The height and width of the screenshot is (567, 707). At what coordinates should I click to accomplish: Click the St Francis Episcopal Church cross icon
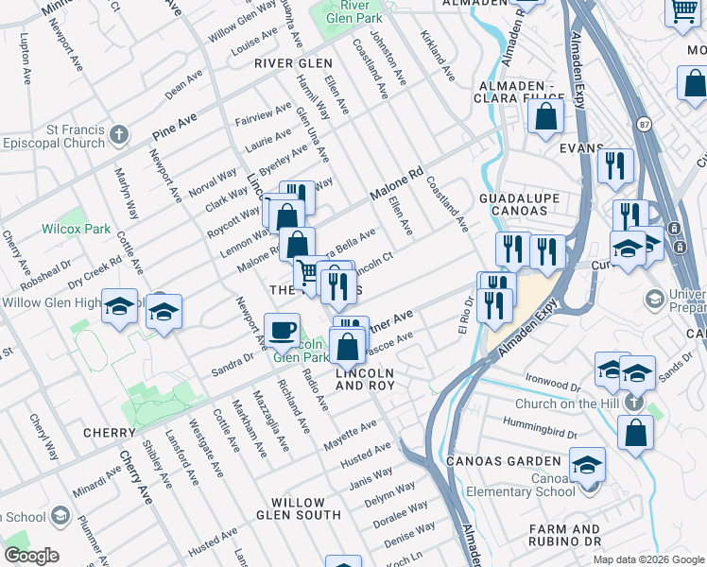click(x=118, y=134)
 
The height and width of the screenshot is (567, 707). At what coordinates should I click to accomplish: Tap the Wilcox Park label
click(x=77, y=229)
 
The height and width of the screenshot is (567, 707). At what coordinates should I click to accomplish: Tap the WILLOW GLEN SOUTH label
click(x=305, y=515)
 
